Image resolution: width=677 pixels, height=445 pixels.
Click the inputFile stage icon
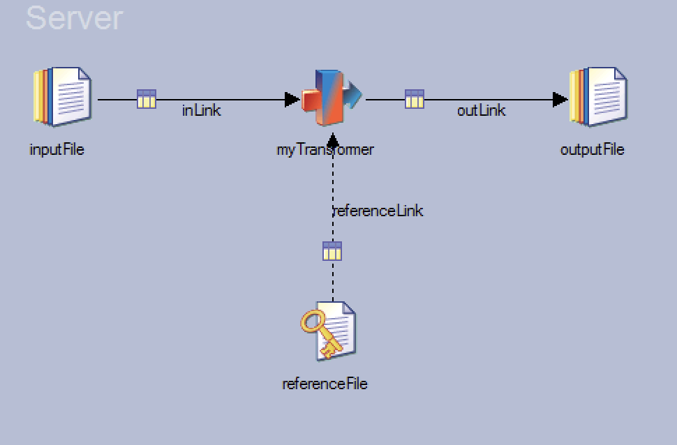coord(62,97)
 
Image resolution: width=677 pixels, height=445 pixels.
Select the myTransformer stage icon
coord(330,97)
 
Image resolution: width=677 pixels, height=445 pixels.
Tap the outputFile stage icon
coord(598,97)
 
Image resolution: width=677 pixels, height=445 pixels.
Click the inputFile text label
coord(57,149)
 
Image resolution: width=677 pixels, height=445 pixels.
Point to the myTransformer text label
coord(325,149)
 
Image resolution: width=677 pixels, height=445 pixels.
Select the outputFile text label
coord(592,149)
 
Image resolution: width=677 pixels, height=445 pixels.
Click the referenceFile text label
coord(325,384)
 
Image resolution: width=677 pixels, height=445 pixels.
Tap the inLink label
coord(202,110)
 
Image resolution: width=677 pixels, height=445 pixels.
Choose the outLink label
coord(482,110)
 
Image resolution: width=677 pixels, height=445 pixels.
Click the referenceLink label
coord(378,211)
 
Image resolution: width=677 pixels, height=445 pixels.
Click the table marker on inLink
coord(147,99)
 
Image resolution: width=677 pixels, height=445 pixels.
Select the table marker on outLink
coord(415,99)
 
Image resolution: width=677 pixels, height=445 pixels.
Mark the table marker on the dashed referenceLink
coord(332,250)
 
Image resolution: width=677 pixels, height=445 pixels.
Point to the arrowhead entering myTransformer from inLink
coord(292,100)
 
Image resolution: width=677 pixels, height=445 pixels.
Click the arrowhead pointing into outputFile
coord(560,100)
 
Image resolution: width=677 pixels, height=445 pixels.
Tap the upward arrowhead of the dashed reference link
coord(333,138)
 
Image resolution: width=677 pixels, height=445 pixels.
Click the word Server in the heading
coord(74,18)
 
